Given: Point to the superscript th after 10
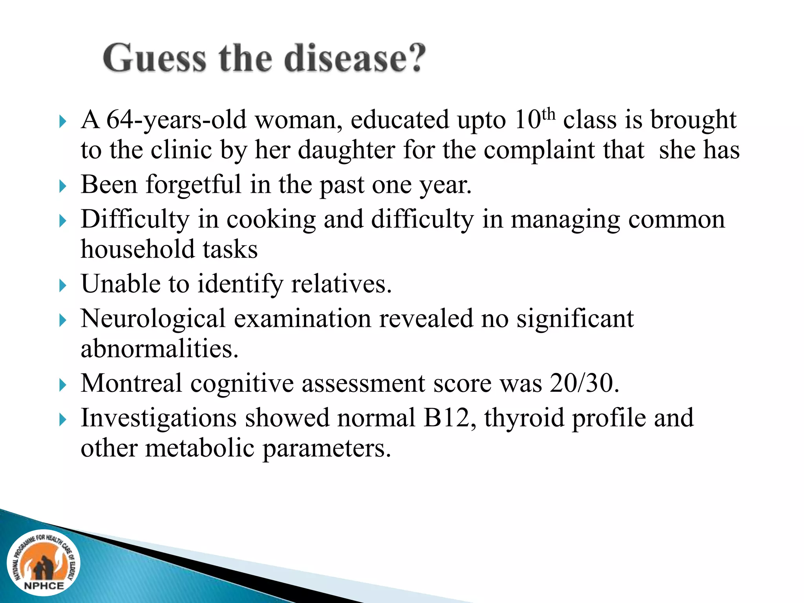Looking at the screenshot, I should pyautogui.click(x=548, y=114).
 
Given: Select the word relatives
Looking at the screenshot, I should pyautogui.click(x=341, y=284).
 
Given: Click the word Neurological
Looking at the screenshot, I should pyautogui.click(x=153, y=318).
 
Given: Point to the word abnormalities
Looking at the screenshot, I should pyautogui.click(x=159, y=349).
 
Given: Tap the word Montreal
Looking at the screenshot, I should pyautogui.click(x=131, y=383).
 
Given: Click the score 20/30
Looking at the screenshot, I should pyautogui.click(x=584, y=383).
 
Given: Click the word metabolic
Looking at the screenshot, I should pyautogui.click(x=200, y=448).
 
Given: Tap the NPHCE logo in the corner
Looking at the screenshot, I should pyautogui.click(x=44, y=563).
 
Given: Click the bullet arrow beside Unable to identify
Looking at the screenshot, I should pyautogui.click(x=63, y=285).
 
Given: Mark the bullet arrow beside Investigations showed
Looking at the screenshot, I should pyautogui.click(x=63, y=420).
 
